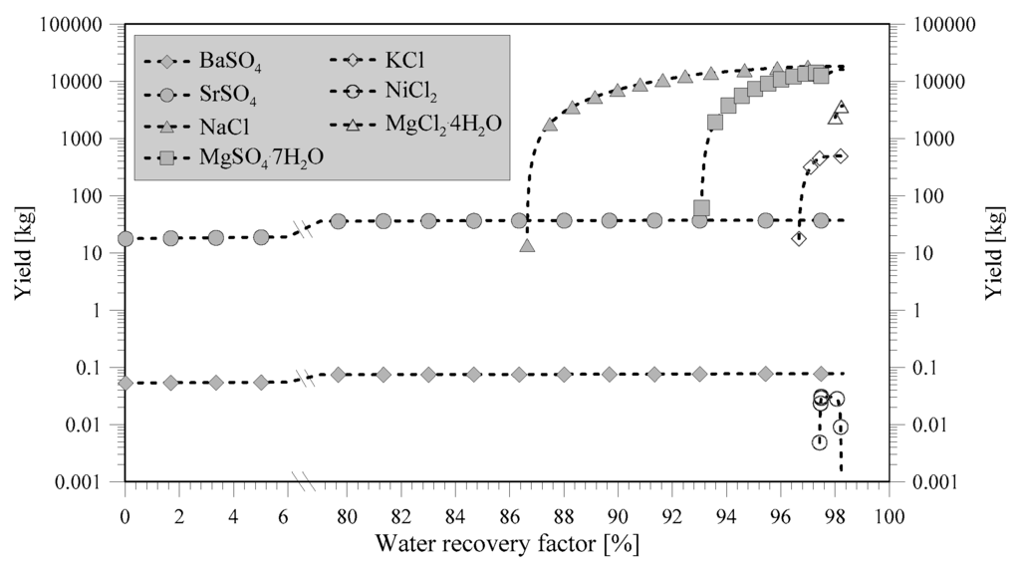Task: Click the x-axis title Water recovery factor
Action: click(x=507, y=544)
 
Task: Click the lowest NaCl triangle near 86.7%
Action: click(x=527, y=244)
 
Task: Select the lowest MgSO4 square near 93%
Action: click(x=701, y=208)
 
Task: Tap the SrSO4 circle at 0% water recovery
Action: click(x=126, y=238)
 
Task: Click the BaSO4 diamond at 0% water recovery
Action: click(x=126, y=383)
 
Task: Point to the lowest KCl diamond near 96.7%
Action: click(x=799, y=238)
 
